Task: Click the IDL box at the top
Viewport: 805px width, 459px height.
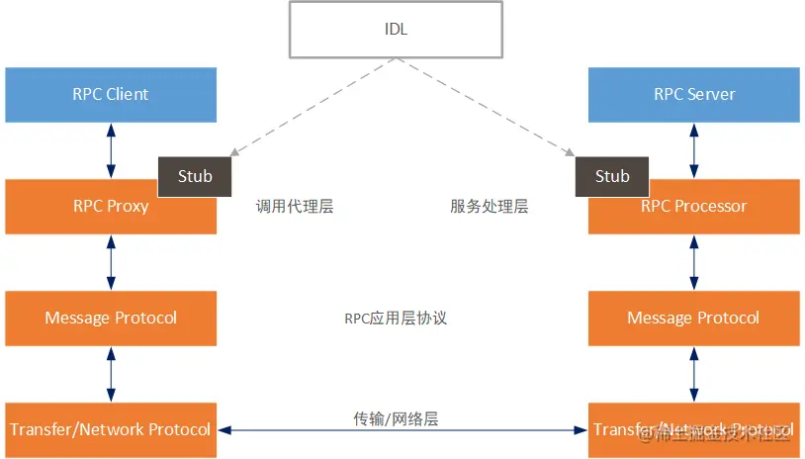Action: [x=398, y=29]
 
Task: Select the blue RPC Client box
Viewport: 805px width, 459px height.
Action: [x=111, y=95]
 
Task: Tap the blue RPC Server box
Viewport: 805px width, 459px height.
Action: [x=693, y=95]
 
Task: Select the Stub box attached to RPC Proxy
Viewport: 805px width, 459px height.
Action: [x=195, y=176]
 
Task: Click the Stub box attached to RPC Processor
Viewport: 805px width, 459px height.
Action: [x=612, y=176]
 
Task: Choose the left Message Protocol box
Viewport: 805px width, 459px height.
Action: [x=111, y=318]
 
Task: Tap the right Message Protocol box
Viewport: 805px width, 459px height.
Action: [x=693, y=318]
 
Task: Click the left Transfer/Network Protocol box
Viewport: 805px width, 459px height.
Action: [x=111, y=429]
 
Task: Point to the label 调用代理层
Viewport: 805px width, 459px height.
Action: [x=295, y=207]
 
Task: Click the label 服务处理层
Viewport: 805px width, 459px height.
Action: [x=490, y=207]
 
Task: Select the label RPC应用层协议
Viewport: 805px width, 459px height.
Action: [x=396, y=319]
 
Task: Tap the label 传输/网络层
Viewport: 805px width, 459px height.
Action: [x=396, y=418]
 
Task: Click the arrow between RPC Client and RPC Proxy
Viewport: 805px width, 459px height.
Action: [x=111, y=150]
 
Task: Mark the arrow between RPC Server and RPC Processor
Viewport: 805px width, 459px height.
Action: [x=693, y=150]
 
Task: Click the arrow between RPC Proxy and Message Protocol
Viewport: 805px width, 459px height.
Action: [x=111, y=262]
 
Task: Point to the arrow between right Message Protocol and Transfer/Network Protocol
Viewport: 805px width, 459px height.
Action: [x=693, y=374]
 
